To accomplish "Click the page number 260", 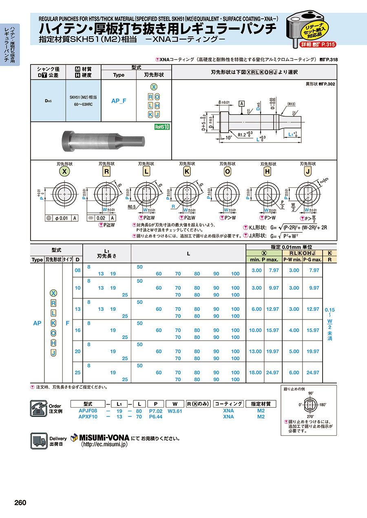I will tap(20, 503).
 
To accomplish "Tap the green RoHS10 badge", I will tap(162, 127).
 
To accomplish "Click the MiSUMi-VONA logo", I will tap(100, 438).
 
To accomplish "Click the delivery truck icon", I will tap(38, 441).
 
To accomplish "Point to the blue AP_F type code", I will tap(119, 100).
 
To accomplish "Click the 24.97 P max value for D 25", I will tap(272, 373).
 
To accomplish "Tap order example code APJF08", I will tap(88, 411).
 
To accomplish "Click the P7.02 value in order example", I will tap(156, 411).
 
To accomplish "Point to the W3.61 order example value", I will tap(175, 411).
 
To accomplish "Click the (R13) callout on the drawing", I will tap(292, 104).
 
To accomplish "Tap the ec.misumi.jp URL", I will tap(105, 445).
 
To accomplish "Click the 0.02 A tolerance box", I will tap(100, 218).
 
